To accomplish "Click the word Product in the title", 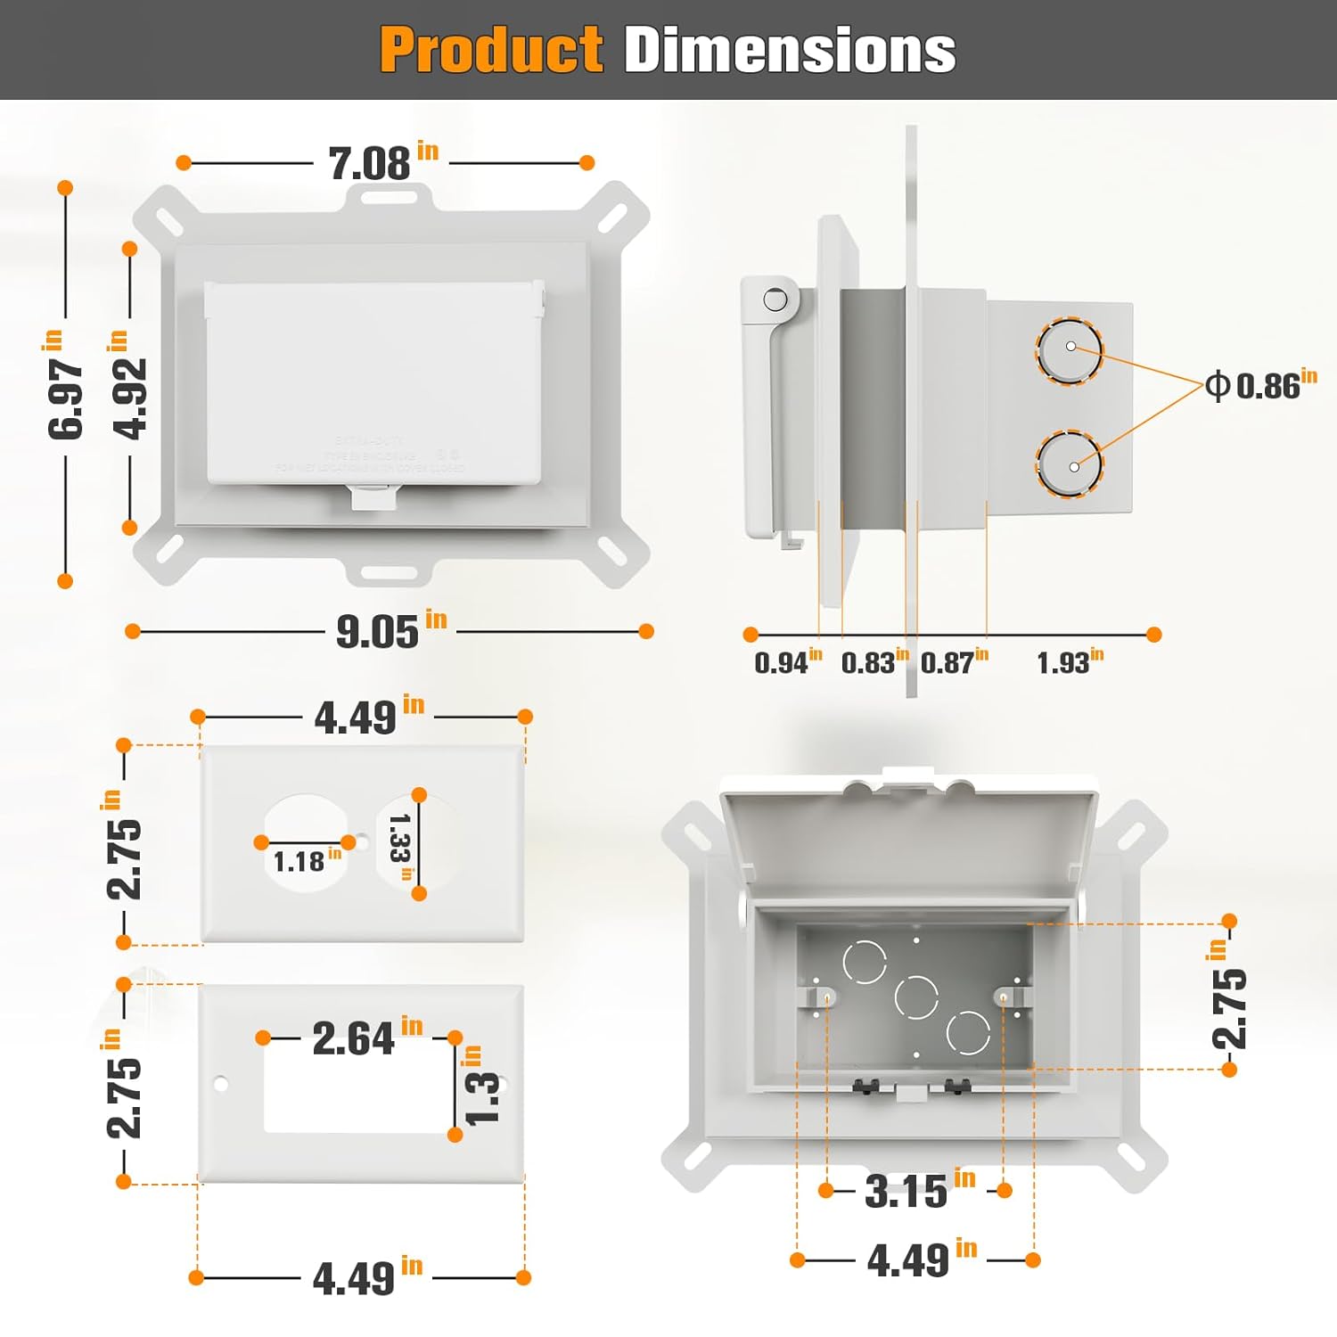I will point(491,50).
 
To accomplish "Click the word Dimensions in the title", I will point(790,50).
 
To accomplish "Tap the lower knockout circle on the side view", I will point(1070,463).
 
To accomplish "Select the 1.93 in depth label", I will point(1069,662).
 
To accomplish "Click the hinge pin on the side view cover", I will point(775,299).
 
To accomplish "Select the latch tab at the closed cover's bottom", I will point(373,496).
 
